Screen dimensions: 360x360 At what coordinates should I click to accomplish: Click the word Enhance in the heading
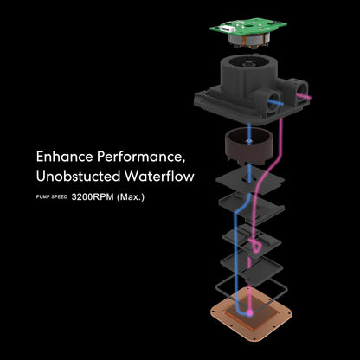pos(65,157)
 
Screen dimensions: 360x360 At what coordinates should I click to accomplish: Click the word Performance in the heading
pos(141,157)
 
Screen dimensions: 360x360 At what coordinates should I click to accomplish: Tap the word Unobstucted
pos(78,177)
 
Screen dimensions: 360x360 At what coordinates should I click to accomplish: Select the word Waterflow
pos(159,177)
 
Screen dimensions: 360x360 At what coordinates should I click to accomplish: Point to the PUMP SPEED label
pos(52,197)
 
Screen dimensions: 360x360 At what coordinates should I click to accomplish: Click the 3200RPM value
pos(93,197)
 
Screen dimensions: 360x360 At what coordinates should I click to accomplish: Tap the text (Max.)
pos(131,197)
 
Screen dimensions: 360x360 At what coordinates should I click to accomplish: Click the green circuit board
pos(248,27)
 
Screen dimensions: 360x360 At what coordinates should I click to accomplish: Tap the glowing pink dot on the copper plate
pos(250,312)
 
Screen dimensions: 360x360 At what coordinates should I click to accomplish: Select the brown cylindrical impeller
pos(248,146)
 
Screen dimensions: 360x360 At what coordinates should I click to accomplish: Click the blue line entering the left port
pos(276,102)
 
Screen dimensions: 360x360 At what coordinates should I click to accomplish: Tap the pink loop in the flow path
pos(256,245)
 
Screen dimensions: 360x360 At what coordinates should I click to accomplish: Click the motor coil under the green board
pos(249,41)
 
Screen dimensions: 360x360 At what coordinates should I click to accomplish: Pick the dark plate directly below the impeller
pos(250,179)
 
